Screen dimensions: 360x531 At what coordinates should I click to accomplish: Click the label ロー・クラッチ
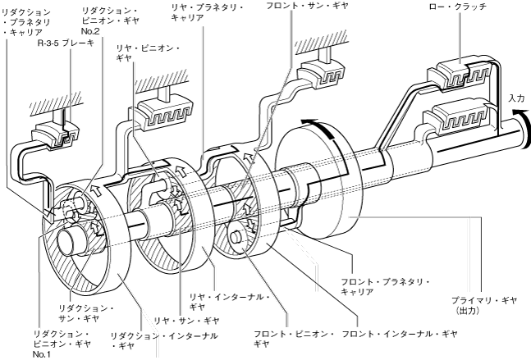[458, 7]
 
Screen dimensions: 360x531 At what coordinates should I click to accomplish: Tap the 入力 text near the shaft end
[516, 98]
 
